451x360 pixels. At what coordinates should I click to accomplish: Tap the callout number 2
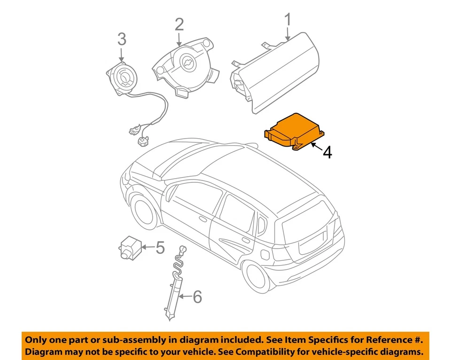tap(179, 24)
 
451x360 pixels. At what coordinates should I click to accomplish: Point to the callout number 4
tap(327, 152)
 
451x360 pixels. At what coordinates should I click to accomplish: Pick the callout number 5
tap(160, 247)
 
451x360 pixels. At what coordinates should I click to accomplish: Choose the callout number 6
tap(197, 297)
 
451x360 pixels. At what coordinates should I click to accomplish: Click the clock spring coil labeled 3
tap(123, 76)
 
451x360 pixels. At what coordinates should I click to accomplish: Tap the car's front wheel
tap(143, 211)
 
